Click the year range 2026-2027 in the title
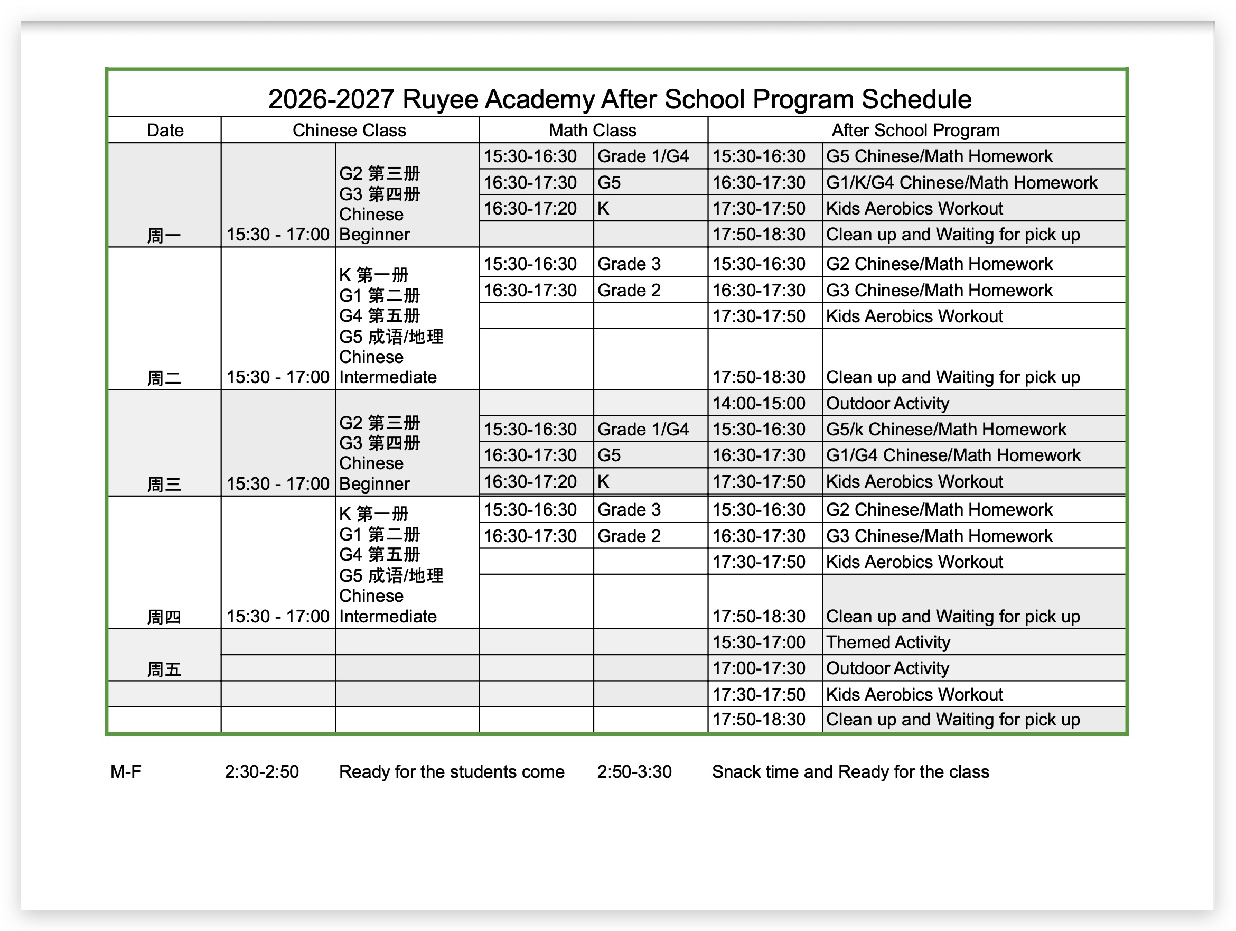tap(331, 99)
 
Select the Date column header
tap(165, 130)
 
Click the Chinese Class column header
tap(349, 130)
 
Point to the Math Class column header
tap(592, 130)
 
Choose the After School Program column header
tap(915, 130)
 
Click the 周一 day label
tap(164, 235)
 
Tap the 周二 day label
tap(164, 378)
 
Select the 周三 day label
tap(164, 484)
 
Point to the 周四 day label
tap(164, 617)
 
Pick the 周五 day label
tap(164, 669)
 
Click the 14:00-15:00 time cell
tap(759, 404)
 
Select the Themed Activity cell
tap(887, 642)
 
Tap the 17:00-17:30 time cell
tap(759, 668)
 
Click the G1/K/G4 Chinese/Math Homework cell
tap(961, 182)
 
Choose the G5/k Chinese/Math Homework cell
tap(945, 429)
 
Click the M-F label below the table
tap(126, 772)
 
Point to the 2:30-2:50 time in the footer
tap(261, 772)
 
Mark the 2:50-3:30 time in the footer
tap(634, 772)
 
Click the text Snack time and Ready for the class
tap(850, 772)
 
